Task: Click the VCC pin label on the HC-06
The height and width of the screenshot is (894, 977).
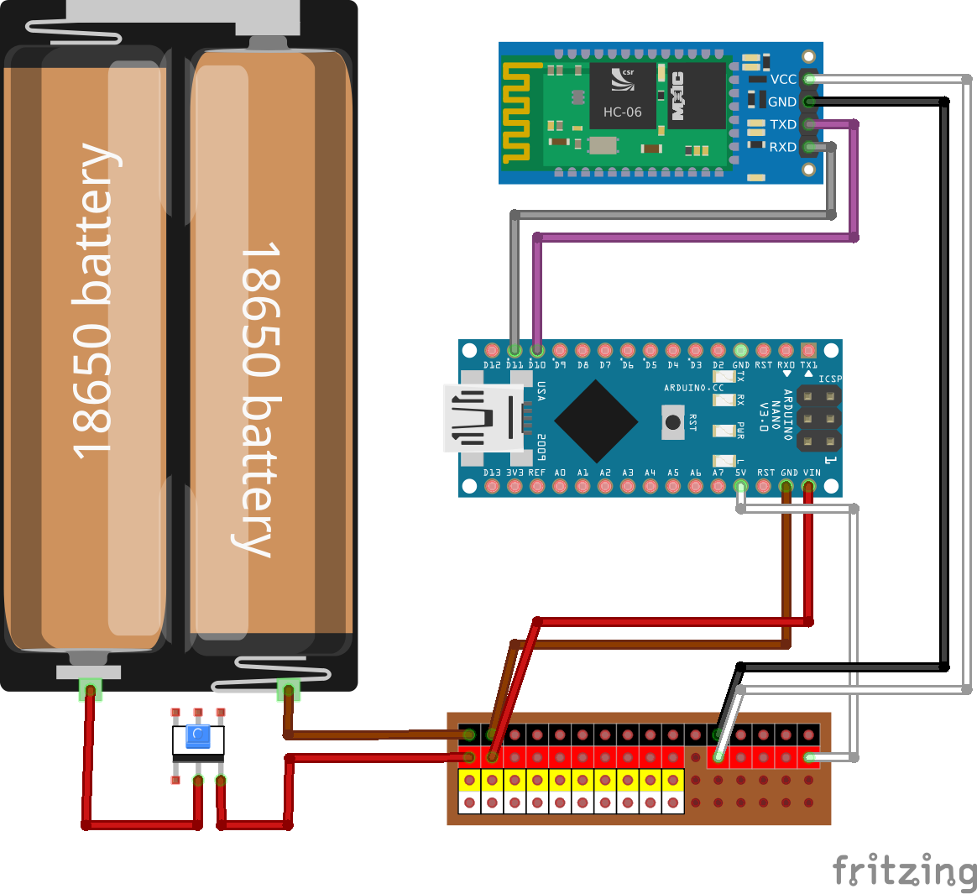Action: [x=783, y=79]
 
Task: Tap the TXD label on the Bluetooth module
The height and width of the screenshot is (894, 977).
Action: [x=783, y=124]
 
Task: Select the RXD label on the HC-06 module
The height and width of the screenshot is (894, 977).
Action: [x=783, y=147]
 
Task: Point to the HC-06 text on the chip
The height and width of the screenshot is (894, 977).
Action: [x=622, y=112]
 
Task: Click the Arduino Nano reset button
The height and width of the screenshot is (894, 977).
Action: [x=673, y=421]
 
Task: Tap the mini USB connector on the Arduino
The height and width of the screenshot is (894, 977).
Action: [x=483, y=417]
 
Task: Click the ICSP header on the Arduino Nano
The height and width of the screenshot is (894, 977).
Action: [x=819, y=417]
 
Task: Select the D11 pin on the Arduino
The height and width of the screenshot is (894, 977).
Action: [x=515, y=350]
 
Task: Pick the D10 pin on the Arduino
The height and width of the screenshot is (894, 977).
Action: [x=537, y=350]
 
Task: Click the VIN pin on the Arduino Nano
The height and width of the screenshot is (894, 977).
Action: [x=809, y=486]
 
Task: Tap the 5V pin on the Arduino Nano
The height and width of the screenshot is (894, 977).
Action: [x=740, y=486]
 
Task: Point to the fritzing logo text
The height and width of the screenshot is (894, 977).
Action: [x=903, y=870]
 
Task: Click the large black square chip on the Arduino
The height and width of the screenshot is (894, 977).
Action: [x=596, y=421]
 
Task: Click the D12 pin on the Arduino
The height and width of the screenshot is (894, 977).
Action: [x=492, y=350]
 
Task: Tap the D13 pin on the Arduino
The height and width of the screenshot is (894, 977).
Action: [x=492, y=486]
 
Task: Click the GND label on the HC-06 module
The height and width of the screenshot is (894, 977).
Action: [x=782, y=102]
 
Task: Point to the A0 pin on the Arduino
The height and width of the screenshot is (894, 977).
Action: [x=560, y=486]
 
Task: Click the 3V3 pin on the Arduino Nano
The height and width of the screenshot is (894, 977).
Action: [x=515, y=486]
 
